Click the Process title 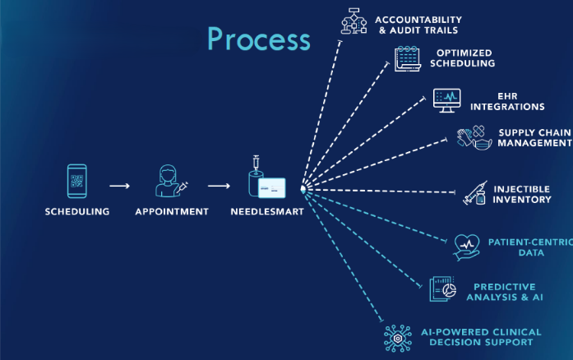pos(259,39)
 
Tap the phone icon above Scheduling pos(77,182)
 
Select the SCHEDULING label pos(77,211)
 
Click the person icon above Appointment pos(169,182)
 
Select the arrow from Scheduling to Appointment pos(120,186)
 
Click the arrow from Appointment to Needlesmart pos(219,186)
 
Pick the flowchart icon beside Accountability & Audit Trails pos(354,22)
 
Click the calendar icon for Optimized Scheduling pos(407,58)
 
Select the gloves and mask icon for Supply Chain pos(474,137)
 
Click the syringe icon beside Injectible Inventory pos(475,194)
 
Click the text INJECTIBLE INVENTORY pos(522,194)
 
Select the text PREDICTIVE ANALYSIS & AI pos(505,292)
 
